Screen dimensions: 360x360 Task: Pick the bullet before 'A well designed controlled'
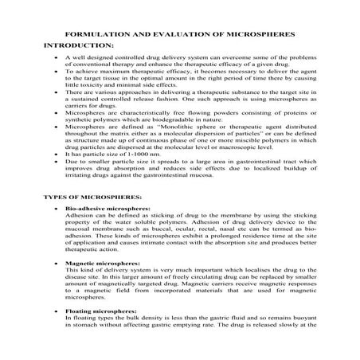point(53,59)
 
